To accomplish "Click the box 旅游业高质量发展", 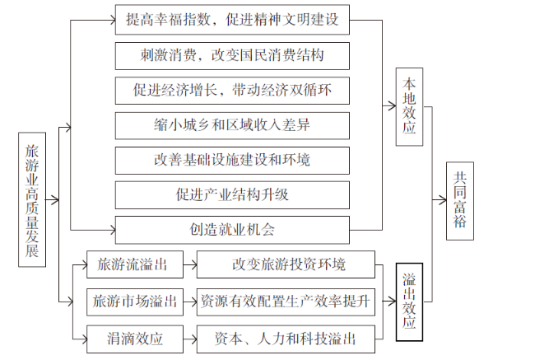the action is click(x=32, y=199).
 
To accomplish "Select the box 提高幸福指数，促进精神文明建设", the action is click(x=232, y=20).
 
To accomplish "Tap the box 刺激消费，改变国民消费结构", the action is click(x=232, y=56).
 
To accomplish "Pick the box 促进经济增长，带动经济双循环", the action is click(x=232, y=91).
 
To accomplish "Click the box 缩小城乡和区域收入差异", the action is click(x=232, y=125).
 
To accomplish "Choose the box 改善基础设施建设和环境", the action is click(x=232, y=161).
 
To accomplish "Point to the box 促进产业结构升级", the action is click(x=232, y=195).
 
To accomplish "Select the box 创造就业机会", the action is click(x=232, y=230).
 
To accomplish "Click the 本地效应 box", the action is click(x=409, y=107).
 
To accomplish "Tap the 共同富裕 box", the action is click(x=460, y=201).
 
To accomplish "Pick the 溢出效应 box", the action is click(x=409, y=302).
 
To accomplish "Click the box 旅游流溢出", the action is click(x=135, y=264).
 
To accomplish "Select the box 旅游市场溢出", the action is click(x=135, y=302).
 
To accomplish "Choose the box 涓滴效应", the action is click(x=135, y=339).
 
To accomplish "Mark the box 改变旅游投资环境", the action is click(x=286, y=264).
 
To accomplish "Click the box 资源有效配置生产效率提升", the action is click(x=286, y=302).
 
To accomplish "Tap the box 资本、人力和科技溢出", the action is click(x=286, y=339).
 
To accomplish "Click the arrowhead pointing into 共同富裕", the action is click(x=443, y=200).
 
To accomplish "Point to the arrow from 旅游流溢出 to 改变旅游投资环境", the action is click(x=190, y=264).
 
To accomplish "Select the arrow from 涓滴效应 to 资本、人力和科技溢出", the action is click(x=190, y=339).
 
